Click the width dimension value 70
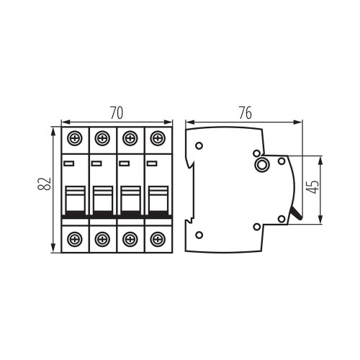click(x=117, y=113)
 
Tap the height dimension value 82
click(x=45, y=184)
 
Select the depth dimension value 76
click(x=246, y=113)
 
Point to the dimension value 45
click(x=312, y=186)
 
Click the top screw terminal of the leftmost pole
click(x=75, y=138)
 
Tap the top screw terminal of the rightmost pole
click(x=158, y=138)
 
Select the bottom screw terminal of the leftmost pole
click(x=75, y=239)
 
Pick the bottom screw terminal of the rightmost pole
click(x=158, y=239)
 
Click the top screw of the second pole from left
click(x=102, y=138)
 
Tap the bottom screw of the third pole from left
click(x=130, y=239)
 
